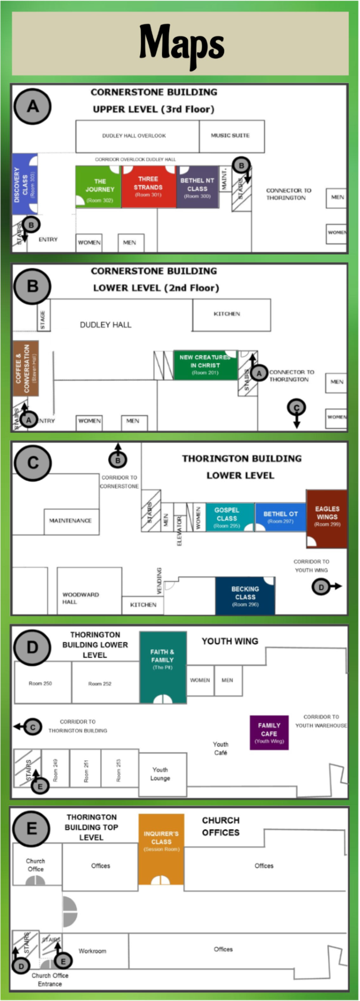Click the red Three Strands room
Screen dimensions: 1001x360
[x=148, y=186]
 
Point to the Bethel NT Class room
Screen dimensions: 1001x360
[x=197, y=187]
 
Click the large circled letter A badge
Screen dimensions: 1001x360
[x=33, y=106]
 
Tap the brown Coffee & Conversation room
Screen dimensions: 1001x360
[x=26, y=368]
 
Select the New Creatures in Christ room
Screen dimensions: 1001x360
[x=205, y=365]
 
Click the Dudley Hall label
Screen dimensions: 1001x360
[x=105, y=325]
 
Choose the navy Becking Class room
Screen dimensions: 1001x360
[x=245, y=596]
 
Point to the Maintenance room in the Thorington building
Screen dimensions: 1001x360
[x=71, y=521]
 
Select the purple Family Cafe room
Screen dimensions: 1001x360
[x=269, y=733]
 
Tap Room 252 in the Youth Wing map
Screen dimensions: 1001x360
[x=100, y=683]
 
